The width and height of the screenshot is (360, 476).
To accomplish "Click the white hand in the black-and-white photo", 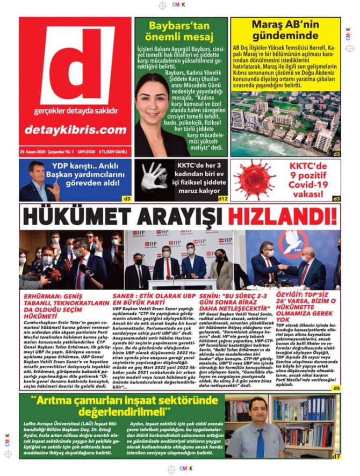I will (154, 177).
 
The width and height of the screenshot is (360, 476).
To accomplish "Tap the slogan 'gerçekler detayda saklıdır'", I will (75, 112).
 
